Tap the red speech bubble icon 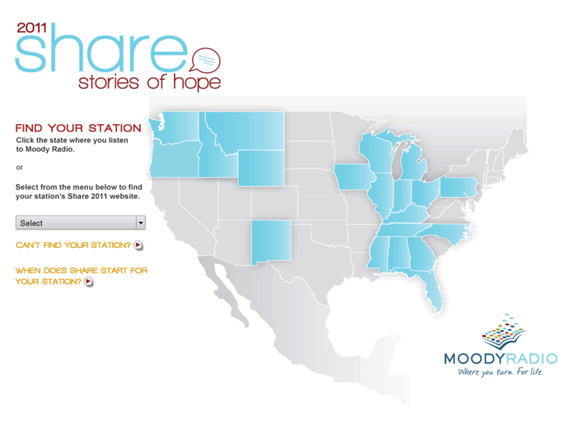(204, 60)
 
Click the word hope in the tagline (197, 82)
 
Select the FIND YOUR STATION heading (78, 128)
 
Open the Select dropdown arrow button (141, 223)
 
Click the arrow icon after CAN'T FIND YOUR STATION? (138, 245)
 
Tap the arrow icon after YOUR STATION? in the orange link (88, 281)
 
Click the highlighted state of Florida (433, 292)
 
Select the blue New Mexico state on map (271, 243)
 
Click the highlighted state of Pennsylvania (458, 188)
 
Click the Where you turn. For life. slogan (500, 371)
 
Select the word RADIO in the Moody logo (528, 358)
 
